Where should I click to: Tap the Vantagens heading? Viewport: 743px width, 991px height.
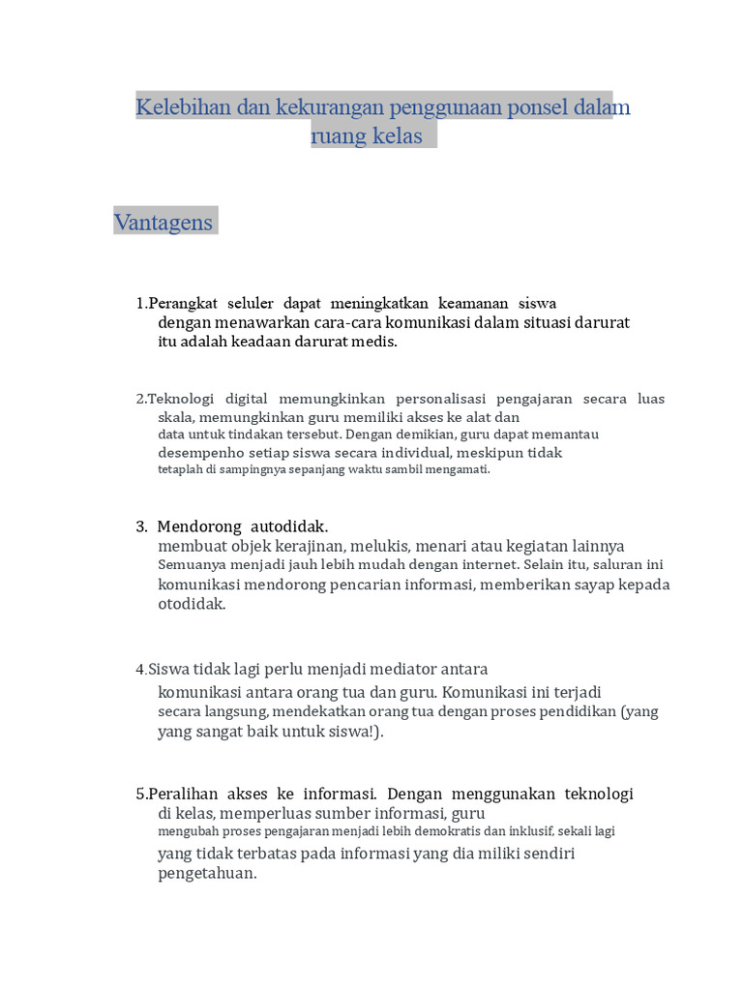(163, 222)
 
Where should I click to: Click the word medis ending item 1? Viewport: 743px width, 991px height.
(377, 342)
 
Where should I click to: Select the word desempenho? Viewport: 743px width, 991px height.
(205, 452)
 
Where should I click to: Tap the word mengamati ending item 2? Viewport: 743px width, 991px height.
(459, 469)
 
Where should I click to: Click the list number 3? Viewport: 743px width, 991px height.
(141, 526)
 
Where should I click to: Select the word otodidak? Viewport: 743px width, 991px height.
(191, 604)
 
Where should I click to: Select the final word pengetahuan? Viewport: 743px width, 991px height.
(206, 873)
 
